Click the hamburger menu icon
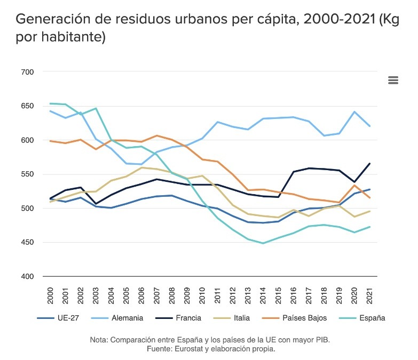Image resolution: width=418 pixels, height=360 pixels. pos(393,80)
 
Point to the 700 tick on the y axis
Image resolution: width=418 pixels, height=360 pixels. pos(27,72)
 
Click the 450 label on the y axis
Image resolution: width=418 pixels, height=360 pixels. pos(27,243)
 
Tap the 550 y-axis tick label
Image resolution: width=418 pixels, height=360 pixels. pos(27,174)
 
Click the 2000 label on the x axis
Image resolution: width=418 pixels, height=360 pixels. pos(50,295)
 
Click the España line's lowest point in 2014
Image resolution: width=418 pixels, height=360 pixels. pos(278,243)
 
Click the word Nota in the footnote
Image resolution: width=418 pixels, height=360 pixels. pos(99,340)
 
